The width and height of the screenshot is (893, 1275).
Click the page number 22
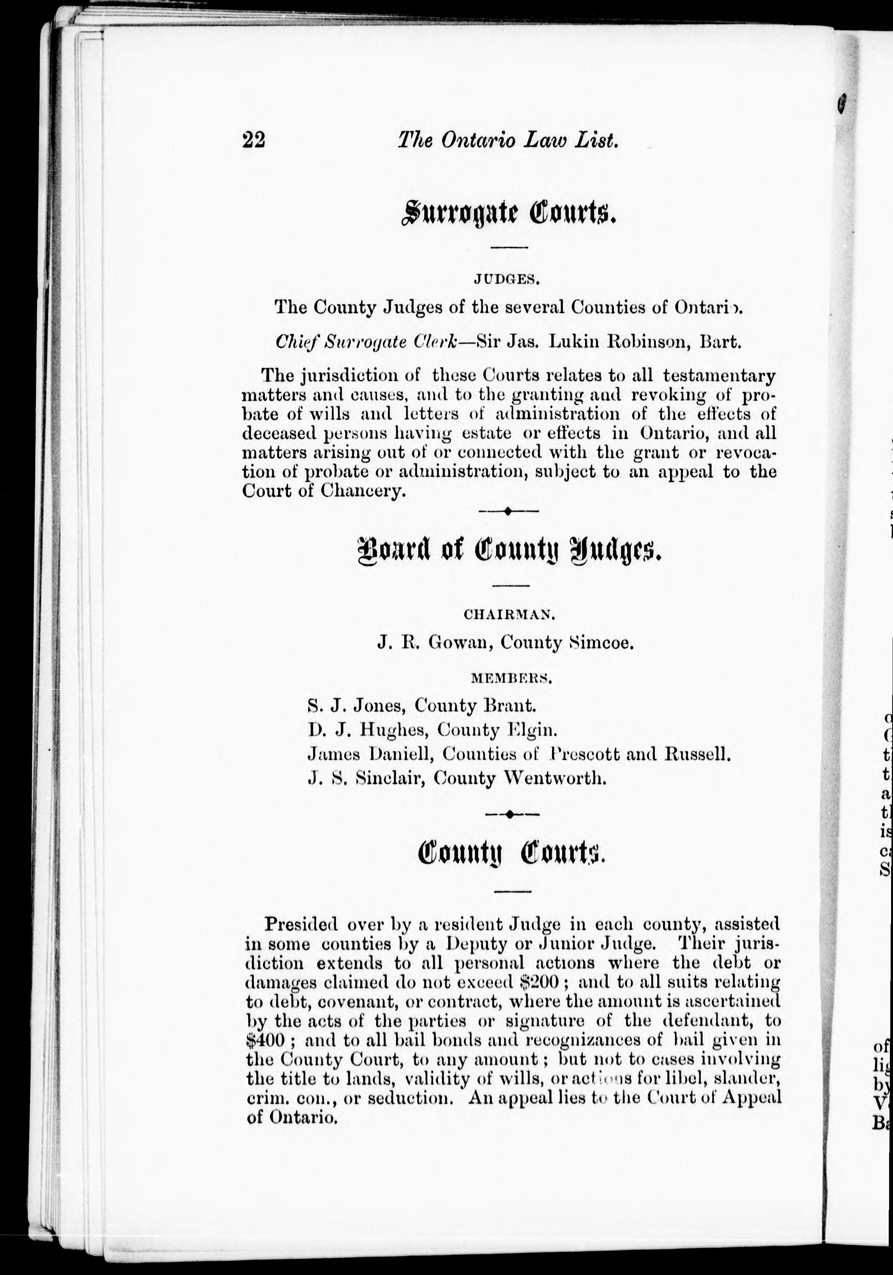(x=254, y=140)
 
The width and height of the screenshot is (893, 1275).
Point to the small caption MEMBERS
(x=511, y=678)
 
